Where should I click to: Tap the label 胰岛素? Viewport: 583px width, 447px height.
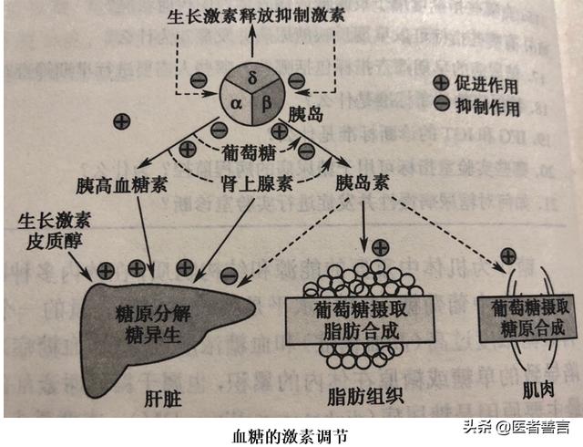click(x=362, y=183)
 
